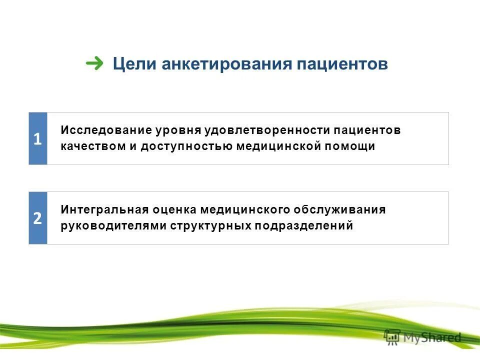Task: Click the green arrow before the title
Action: pos(94,63)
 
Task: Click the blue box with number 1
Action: pos(38,138)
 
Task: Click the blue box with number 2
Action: pos(38,218)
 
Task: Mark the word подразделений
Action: pos(304,226)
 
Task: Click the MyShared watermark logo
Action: pos(422,337)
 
